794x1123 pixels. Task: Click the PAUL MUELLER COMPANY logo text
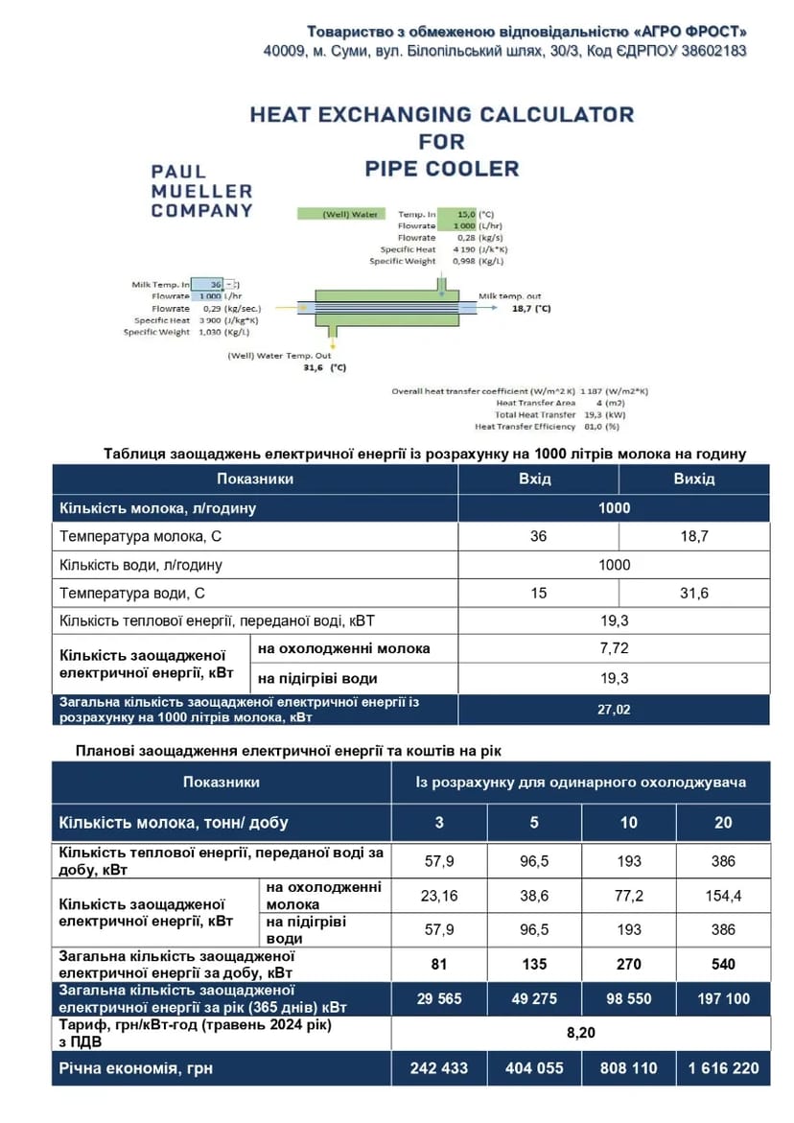[201, 191]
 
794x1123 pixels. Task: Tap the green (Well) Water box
[339, 214]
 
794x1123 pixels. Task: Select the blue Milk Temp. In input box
[206, 285]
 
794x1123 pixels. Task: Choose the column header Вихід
[693, 479]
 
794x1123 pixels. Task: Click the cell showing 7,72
[614, 648]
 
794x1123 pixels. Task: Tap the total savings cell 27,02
[614, 710]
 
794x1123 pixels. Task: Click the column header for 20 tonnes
[723, 822]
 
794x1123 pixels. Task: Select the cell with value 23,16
[439, 896]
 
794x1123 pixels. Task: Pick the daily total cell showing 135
[534, 964]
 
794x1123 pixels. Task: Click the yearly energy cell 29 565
[439, 998]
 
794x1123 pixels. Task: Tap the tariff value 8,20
[581, 1033]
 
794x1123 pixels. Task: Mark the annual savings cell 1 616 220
[723, 1067]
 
